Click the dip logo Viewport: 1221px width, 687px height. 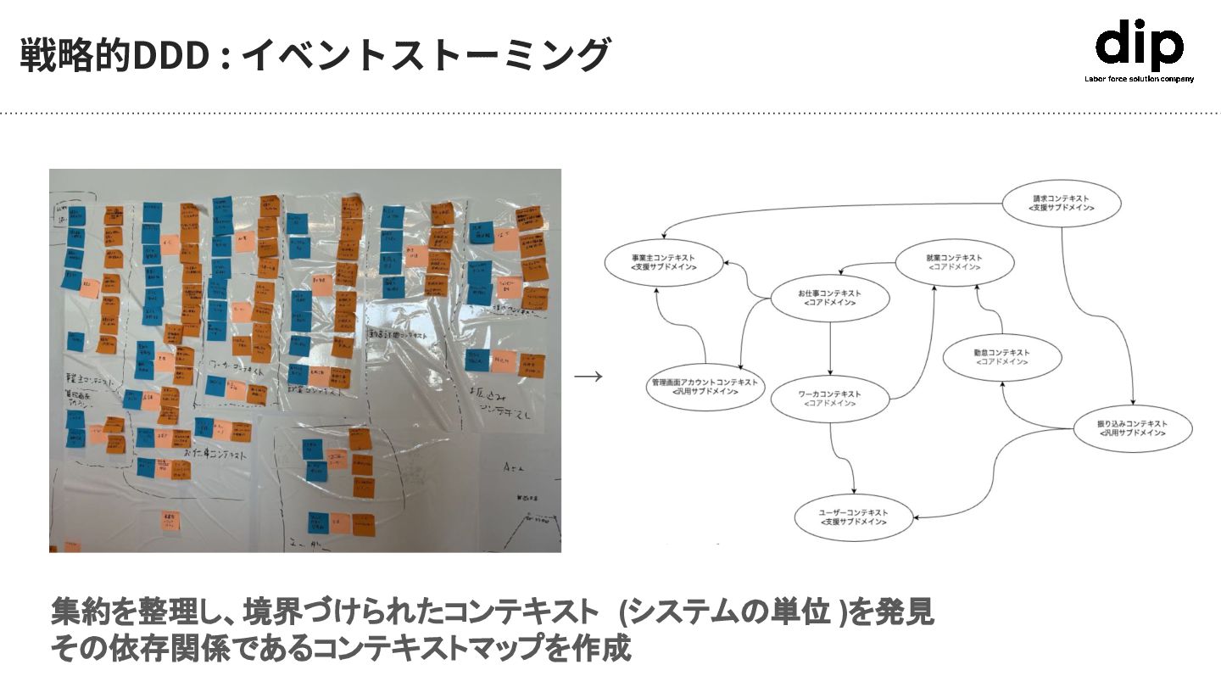pos(1138,46)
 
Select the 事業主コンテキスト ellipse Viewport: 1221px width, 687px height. pos(664,261)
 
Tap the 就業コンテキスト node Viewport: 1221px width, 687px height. pos(954,262)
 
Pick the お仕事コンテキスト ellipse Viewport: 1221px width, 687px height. pos(829,298)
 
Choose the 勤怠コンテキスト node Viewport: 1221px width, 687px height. pos(1001,357)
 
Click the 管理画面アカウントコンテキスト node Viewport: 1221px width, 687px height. pos(705,388)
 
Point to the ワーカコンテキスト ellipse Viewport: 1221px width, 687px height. pos(829,399)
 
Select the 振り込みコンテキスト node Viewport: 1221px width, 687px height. pos(1132,428)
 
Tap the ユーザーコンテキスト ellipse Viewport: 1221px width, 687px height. pos(853,517)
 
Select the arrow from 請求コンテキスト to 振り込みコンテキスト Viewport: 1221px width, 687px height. pos(1102,314)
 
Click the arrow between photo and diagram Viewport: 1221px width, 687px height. pos(588,377)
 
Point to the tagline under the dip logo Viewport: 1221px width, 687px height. pos(1139,79)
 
